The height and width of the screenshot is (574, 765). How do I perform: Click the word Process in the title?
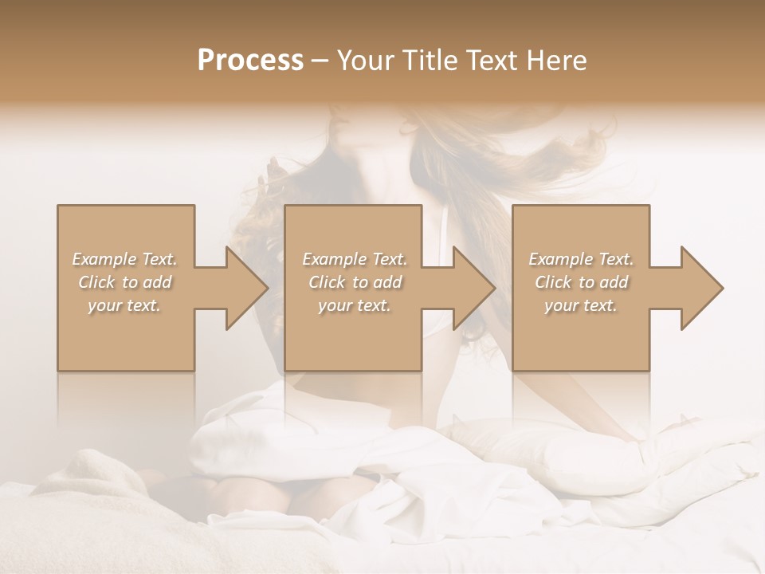pos(250,61)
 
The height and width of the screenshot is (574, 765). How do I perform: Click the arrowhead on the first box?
pos(243,288)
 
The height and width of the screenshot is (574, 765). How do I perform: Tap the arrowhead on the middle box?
pos(470,288)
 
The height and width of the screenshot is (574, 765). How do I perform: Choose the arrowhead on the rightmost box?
pos(698,288)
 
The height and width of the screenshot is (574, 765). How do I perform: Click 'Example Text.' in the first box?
pos(125,259)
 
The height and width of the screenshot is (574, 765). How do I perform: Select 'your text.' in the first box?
pos(125,305)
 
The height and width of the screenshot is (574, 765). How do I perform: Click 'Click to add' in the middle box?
pos(355,282)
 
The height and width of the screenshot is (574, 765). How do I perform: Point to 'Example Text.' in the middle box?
pos(355,259)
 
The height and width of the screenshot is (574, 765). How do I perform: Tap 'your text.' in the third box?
pos(581,305)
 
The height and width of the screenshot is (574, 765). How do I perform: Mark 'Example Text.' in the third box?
pos(581,259)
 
